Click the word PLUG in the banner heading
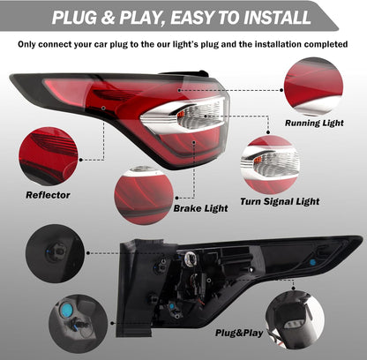[74, 18]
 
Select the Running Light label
[314, 123]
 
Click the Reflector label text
[48, 195]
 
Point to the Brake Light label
[200, 208]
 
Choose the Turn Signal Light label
[280, 201]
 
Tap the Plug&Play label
[239, 333]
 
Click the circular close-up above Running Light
[313, 86]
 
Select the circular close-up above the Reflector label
[48, 156]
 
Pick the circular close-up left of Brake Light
[144, 196]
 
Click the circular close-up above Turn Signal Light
[270, 165]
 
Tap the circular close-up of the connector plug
[295, 319]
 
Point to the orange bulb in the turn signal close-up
[258, 160]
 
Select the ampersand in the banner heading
[109, 18]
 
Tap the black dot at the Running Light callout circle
[281, 90]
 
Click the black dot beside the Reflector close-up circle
[80, 160]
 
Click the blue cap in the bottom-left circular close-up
[67, 310]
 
